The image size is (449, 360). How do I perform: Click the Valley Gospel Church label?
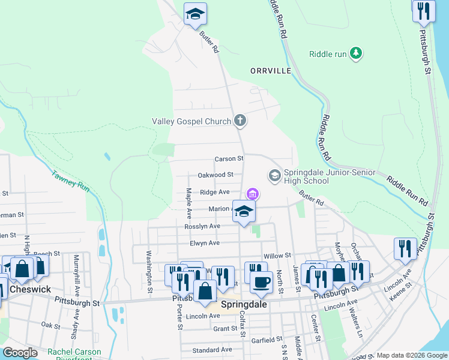[192, 121]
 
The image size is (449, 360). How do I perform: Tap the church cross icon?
[240, 121]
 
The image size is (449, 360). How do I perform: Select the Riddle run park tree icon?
[357, 54]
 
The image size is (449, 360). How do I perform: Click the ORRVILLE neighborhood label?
[271, 71]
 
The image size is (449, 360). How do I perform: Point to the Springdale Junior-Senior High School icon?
[275, 175]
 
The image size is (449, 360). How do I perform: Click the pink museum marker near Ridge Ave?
[253, 194]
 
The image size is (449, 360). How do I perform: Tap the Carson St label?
[229, 159]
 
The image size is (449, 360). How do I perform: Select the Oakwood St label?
[215, 175]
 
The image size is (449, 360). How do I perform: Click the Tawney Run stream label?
[71, 181]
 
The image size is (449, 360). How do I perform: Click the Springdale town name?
[244, 304]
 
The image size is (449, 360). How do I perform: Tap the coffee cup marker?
[261, 282]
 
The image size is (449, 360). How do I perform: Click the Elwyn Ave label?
[205, 243]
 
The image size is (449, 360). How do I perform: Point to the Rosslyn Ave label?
[202, 226]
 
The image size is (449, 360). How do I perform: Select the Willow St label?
[277, 256]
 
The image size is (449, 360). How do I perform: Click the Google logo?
[20, 353]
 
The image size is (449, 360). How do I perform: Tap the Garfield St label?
[267, 340]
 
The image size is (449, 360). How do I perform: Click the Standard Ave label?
[212, 350]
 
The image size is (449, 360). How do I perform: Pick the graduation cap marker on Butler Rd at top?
[195, 14]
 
